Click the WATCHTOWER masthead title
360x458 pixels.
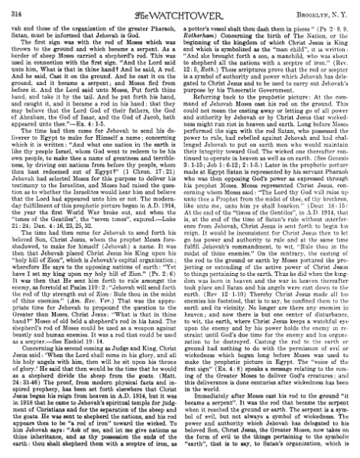180,11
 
